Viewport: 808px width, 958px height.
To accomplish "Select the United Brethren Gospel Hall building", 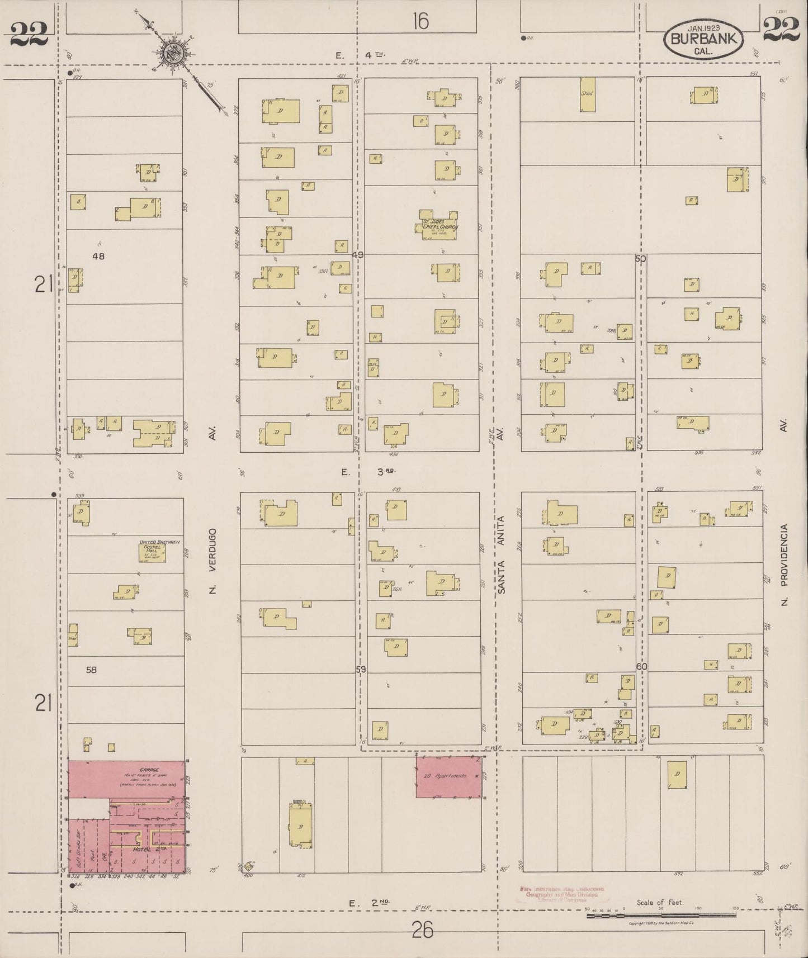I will pyautogui.click(x=152, y=551).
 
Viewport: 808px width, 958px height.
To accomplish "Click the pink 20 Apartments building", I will pyautogui.click(x=449, y=777).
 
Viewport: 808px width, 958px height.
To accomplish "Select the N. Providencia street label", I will pyautogui.click(x=784, y=565).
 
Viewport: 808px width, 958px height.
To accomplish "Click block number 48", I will pyautogui.click(x=98, y=256).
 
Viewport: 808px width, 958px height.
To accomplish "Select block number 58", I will pyautogui.click(x=91, y=669).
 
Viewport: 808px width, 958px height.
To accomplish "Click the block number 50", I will pyautogui.click(x=640, y=258).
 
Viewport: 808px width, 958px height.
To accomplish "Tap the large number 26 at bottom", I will pyautogui.click(x=422, y=930).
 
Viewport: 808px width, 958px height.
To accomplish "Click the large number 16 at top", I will pyautogui.click(x=420, y=21).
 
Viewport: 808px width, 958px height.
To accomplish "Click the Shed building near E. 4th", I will pyautogui.click(x=587, y=94).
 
